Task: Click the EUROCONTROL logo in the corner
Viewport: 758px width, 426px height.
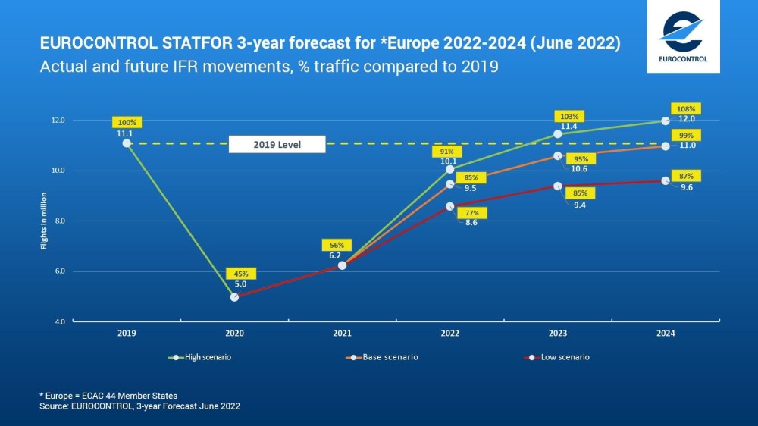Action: click(683, 36)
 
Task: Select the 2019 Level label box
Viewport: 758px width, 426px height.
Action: click(277, 144)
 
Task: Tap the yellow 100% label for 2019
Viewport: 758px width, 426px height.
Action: click(127, 122)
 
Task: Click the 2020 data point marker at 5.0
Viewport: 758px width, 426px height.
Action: click(234, 297)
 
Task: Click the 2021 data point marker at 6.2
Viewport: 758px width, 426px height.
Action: click(342, 265)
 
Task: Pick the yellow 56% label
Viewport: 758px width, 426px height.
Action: click(337, 245)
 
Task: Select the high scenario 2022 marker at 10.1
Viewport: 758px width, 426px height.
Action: click(450, 169)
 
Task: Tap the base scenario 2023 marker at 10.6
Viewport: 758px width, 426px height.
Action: click(558, 156)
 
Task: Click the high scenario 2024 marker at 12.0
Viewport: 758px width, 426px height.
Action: click(666, 121)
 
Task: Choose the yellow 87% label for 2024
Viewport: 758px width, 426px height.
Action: click(687, 176)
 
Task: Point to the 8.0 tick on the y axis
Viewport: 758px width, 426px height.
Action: click(58, 221)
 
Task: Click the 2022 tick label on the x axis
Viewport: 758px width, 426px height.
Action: click(449, 333)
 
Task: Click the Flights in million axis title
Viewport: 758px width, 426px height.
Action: click(43, 221)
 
